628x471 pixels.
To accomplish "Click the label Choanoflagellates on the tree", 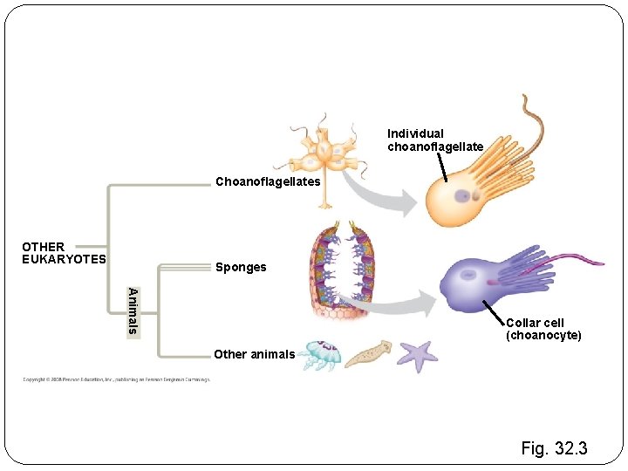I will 268,181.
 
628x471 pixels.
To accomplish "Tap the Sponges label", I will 241,267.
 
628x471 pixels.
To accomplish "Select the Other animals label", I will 254,354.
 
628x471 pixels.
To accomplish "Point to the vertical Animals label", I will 132,311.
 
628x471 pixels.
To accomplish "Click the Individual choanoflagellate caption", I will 434,140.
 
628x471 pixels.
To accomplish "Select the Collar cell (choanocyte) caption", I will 543,330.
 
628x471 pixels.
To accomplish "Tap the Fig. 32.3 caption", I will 554,449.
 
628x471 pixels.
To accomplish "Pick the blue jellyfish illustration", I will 320,355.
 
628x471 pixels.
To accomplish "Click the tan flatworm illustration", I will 367,352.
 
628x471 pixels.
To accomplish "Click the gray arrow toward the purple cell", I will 392,304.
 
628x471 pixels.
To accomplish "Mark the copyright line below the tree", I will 116,380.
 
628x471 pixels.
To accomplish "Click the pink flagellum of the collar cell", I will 576,259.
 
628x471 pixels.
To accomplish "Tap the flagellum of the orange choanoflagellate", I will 529,113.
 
